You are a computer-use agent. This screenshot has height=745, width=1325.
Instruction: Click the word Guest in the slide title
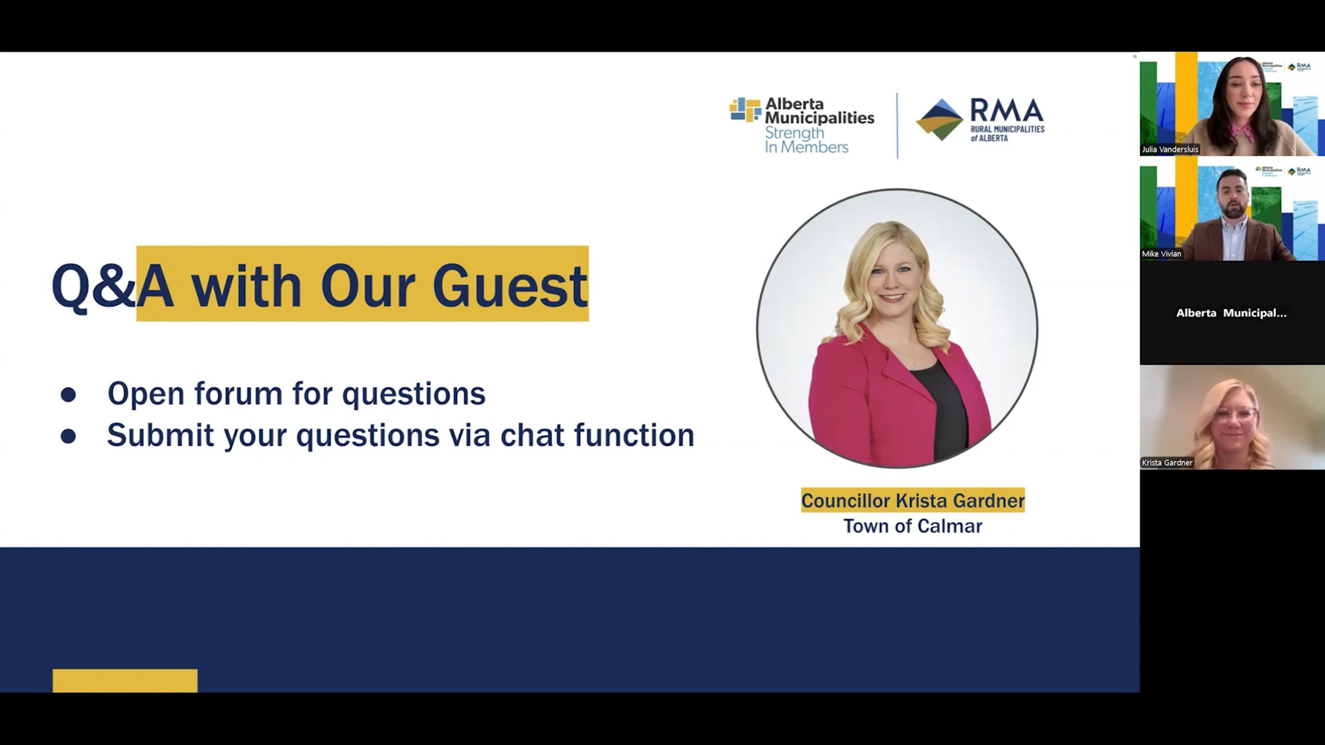pyautogui.click(x=510, y=286)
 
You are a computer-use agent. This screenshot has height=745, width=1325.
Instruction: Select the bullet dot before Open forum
pyautogui.click(x=68, y=394)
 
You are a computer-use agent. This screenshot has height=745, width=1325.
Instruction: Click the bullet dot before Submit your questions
pyautogui.click(x=68, y=436)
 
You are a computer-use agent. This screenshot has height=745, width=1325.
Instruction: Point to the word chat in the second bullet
pyautogui.click(x=533, y=435)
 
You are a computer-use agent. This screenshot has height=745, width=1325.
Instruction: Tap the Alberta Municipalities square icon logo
pyautogui.click(x=745, y=109)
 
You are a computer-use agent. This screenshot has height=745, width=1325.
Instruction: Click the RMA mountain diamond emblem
pyautogui.click(x=940, y=120)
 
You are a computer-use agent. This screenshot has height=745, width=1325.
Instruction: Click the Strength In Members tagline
pyautogui.click(x=806, y=140)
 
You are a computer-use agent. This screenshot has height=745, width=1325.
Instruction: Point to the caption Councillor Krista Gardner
pyautogui.click(x=913, y=501)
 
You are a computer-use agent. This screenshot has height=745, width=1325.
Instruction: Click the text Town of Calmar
pyautogui.click(x=913, y=526)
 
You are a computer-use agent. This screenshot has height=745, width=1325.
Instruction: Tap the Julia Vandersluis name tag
pyautogui.click(x=1170, y=150)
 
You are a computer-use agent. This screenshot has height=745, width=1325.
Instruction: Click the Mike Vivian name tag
pyautogui.click(x=1162, y=254)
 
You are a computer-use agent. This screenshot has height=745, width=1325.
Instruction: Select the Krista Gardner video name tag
pyautogui.click(x=1167, y=463)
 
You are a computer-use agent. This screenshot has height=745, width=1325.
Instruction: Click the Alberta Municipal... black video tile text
pyautogui.click(x=1232, y=313)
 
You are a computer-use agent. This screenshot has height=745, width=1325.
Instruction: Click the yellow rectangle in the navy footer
pyautogui.click(x=125, y=681)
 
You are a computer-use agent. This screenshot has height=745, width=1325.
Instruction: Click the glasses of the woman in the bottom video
pyautogui.click(x=1235, y=414)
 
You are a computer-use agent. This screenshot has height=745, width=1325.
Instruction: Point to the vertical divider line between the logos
pyautogui.click(x=897, y=125)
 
